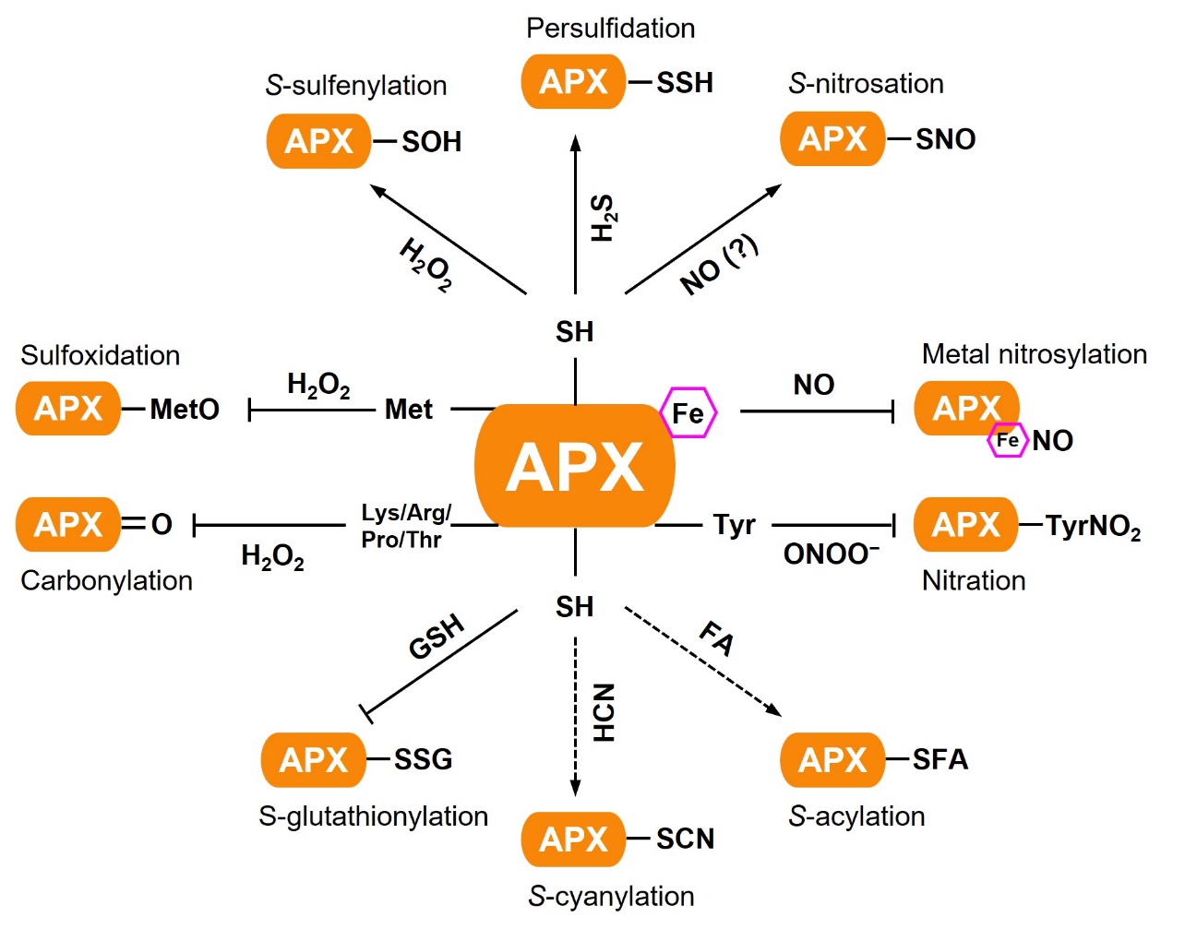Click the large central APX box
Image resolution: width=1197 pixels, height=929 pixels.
(x=574, y=465)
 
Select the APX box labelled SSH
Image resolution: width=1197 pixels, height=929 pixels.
(x=573, y=82)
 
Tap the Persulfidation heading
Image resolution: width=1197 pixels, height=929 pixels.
(x=610, y=29)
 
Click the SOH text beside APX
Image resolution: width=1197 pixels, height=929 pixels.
(x=431, y=142)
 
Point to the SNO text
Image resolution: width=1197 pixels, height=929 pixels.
(x=945, y=139)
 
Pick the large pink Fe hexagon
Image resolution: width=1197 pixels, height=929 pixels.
(x=688, y=412)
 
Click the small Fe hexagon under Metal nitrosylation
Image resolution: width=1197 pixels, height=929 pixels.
(x=1007, y=440)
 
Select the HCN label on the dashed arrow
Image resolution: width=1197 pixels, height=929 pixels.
(x=604, y=712)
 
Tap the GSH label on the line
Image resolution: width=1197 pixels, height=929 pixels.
(x=437, y=637)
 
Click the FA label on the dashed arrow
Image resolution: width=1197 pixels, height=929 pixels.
(x=717, y=637)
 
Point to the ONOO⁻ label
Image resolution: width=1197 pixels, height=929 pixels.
(x=831, y=554)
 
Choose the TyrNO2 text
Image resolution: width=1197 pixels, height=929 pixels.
(x=1093, y=527)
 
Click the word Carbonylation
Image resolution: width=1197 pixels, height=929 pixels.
(x=106, y=580)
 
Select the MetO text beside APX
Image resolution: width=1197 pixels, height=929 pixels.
(x=185, y=409)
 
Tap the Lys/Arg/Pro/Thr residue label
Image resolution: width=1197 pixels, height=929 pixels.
(x=405, y=526)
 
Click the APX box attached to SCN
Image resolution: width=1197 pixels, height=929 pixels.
(x=573, y=840)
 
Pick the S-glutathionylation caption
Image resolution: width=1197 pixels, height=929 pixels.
(x=373, y=816)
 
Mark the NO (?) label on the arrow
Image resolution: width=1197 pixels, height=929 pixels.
(x=719, y=265)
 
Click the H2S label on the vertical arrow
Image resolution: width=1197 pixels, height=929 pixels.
(x=603, y=218)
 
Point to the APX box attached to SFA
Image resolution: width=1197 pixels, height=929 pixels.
(x=832, y=760)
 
